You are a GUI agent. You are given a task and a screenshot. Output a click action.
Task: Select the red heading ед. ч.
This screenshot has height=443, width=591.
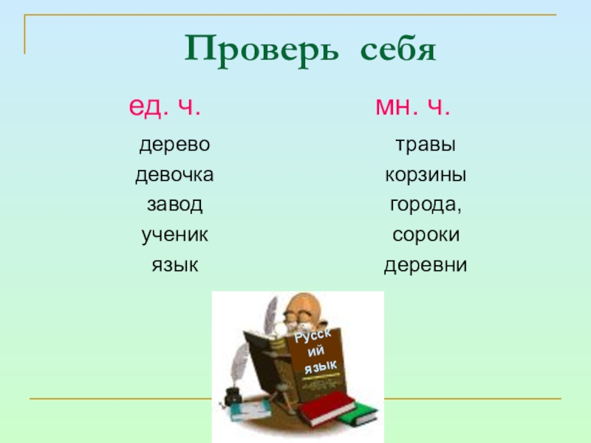pyautogui.click(x=165, y=109)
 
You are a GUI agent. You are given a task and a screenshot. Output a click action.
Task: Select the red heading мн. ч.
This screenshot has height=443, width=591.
pyautogui.click(x=413, y=109)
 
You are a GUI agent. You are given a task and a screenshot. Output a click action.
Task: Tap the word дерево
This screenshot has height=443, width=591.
pyautogui.click(x=175, y=145)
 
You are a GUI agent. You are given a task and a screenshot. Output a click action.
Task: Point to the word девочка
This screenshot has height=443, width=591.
pyautogui.click(x=174, y=176)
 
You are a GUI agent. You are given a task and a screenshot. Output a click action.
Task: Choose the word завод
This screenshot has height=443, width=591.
pyautogui.click(x=174, y=205)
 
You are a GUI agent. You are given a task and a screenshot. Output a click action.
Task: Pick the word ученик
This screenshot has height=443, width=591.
pyautogui.click(x=175, y=235)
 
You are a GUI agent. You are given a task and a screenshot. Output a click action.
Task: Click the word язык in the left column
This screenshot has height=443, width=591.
pyautogui.click(x=175, y=264)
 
